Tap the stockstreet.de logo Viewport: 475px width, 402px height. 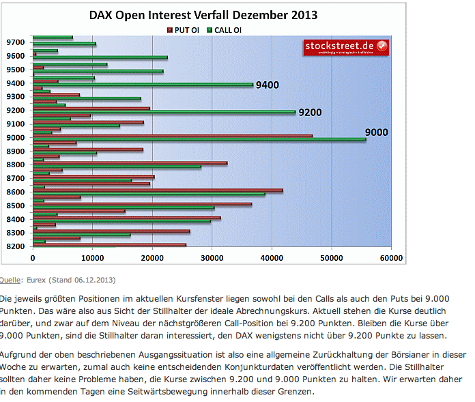tap(346, 46)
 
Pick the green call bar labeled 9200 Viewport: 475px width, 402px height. tap(164, 112)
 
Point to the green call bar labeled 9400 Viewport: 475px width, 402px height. tap(143, 85)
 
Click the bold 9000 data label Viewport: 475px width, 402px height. tap(376, 132)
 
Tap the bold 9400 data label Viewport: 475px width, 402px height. tap(267, 85)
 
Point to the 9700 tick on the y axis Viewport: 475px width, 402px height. tap(16, 42)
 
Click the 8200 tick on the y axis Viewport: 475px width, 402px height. tap(16, 246)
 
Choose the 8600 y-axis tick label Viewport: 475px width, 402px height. tap(16, 192)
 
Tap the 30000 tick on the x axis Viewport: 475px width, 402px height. tap(212, 259)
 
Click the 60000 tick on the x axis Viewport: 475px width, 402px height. tap(391, 259)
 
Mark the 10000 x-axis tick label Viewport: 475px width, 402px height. tap(93, 259)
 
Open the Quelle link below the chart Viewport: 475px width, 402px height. tap(10, 279)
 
